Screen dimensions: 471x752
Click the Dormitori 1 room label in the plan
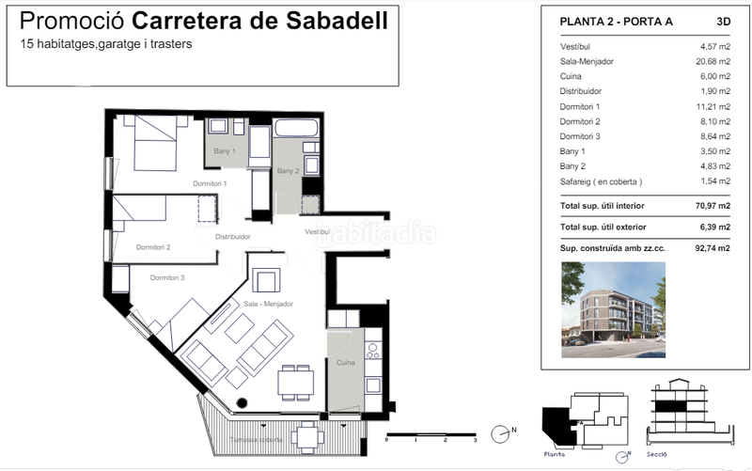point(211,182)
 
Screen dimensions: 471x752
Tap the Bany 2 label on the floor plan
point(288,171)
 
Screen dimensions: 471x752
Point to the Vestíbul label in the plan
point(317,230)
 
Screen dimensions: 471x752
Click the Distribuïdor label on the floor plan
point(232,237)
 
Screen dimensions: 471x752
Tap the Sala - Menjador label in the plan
point(269,305)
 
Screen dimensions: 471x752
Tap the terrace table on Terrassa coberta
point(306,435)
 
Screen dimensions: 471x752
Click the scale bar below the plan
point(431,433)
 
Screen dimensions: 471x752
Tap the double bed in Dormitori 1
point(154,142)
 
